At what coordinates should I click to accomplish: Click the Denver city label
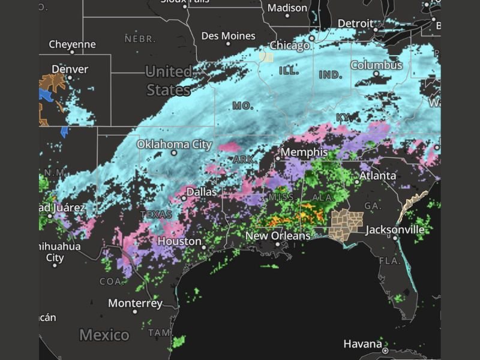(70, 69)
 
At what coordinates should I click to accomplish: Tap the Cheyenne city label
(72, 44)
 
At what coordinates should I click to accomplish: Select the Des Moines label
(228, 36)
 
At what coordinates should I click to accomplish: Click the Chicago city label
(290, 46)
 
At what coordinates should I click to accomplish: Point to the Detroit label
(355, 23)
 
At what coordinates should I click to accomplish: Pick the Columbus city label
(376, 65)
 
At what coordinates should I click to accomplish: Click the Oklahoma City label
(174, 145)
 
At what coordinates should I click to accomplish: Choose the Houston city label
(179, 241)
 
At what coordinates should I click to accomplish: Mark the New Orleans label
(278, 236)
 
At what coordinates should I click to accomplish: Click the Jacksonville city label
(395, 230)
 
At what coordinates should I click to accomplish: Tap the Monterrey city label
(135, 304)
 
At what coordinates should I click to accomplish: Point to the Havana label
(362, 344)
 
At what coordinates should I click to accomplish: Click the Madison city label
(287, 8)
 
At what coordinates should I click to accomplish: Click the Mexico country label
(104, 335)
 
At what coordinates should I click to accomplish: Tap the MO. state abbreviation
(243, 106)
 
